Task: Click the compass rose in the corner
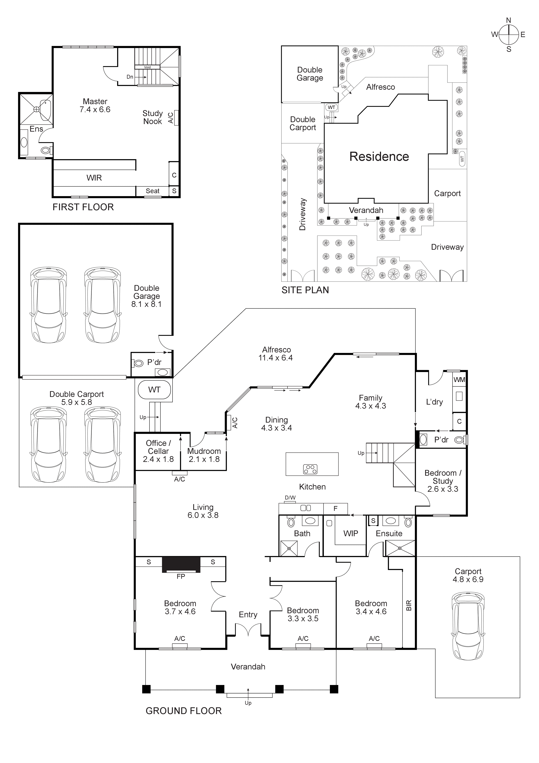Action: pyautogui.click(x=508, y=35)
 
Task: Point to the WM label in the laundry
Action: pyautogui.click(x=459, y=380)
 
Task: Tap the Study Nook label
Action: pyautogui.click(x=153, y=117)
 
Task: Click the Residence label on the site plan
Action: pyautogui.click(x=379, y=156)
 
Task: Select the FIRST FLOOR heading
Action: pyautogui.click(x=83, y=207)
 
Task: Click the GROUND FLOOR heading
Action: pyautogui.click(x=183, y=711)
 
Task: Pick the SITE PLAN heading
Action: pyautogui.click(x=305, y=290)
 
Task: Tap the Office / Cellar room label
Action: pyautogui.click(x=158, y=451)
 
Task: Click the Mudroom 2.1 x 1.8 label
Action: pyautogui.click(x=204, y=455)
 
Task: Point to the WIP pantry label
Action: pyautogui.click(x=351, y=533)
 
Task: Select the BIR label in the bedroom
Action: pyautogui.click(x=409, y=605)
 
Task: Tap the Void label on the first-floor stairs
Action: pyautogui.click(x=147, y=67)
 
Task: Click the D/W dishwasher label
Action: pyautogui.click(x=290, y=498)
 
